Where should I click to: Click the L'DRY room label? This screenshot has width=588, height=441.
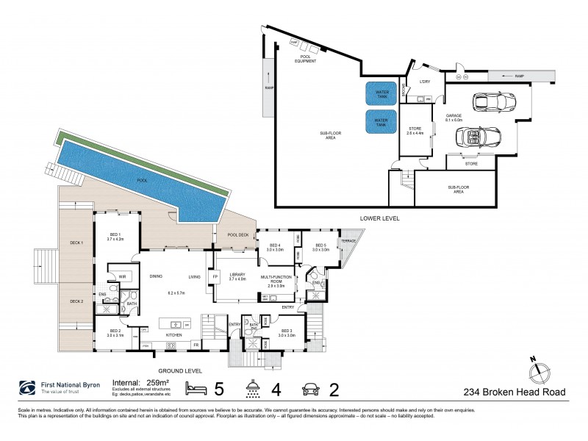[x=423, y=82]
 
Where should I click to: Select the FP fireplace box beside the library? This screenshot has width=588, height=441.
[x=215, y=276]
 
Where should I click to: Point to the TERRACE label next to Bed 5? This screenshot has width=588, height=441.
[x=348, y=241]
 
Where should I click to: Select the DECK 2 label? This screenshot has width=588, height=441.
[x=77, y=301]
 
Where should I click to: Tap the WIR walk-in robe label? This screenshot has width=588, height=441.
[x=123, y=276]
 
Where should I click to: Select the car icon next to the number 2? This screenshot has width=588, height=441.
[x=309, y=388]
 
